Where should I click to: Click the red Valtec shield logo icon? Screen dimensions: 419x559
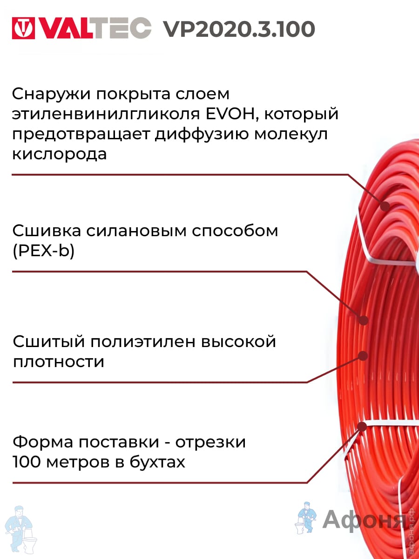[23, 28]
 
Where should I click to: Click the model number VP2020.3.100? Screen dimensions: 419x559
[239, 29]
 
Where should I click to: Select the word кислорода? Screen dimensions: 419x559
[59, 154]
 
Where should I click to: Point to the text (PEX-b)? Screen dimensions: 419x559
[43, 252]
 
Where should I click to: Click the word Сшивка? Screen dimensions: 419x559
[47, 231]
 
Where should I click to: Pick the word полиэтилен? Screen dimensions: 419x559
[142, 342]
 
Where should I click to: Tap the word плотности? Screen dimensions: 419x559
[59, 361]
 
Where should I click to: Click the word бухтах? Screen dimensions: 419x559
[157, 462]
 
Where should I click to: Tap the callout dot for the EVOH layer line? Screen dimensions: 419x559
[385, 206]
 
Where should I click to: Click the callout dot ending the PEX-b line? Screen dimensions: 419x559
[364, 320]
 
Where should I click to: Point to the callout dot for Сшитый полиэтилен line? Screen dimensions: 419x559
[363, 356]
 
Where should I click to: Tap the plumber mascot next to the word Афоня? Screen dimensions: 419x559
[306, 519]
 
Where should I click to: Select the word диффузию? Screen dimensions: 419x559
[202, 134]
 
